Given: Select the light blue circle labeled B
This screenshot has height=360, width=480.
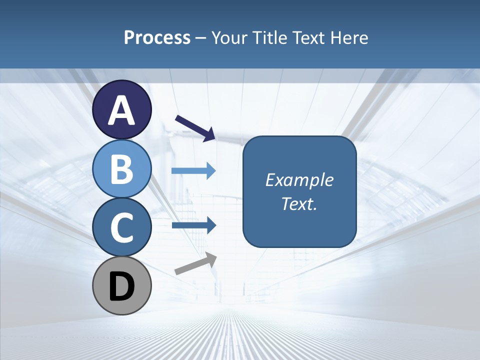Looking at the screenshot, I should (121, 168).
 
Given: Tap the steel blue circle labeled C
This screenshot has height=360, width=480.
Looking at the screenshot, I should (121, 227).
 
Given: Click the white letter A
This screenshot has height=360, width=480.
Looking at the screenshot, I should (121, 110).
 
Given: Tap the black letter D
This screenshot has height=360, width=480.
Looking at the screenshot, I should (121, 286).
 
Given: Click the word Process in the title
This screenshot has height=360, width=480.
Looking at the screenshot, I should (157, 37).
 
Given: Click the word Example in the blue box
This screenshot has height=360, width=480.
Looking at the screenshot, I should (299, 180).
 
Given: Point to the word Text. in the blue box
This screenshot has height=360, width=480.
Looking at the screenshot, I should (299, 203).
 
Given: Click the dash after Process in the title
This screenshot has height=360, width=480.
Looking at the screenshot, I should (200, 38).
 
